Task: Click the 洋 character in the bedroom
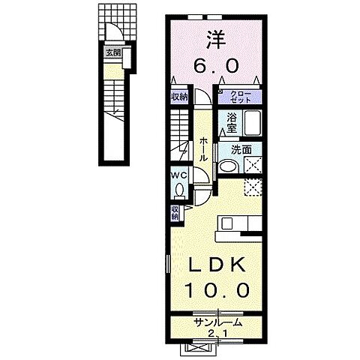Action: click(216, 35)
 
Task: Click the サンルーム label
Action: click(218, 322)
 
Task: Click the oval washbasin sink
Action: click(226, 166)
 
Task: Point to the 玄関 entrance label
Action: click(112, 52)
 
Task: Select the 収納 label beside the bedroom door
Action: click(178, 96)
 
